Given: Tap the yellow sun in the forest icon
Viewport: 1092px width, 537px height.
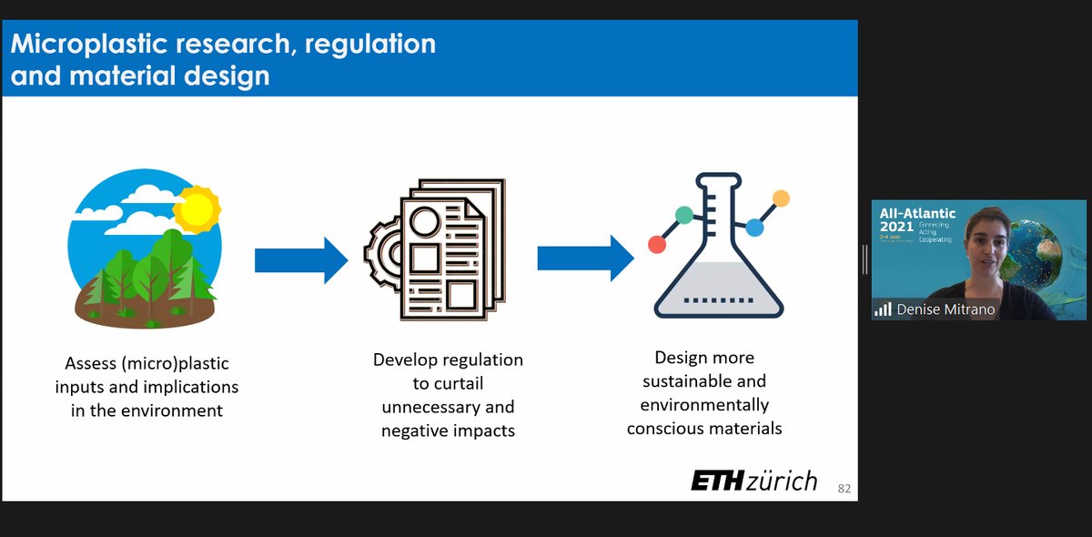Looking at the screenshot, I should point(197,208).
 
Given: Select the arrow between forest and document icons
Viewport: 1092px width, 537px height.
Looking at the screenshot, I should point(300,261).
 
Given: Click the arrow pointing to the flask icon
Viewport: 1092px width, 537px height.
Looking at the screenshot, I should point(585,259).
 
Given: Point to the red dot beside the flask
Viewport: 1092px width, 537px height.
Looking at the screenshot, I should point(657,244).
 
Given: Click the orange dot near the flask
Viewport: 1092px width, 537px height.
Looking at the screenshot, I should point(780,198).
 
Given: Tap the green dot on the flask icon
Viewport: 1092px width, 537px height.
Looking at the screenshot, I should point(684,216).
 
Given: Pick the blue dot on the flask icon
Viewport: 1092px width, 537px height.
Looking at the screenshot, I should point(753,227).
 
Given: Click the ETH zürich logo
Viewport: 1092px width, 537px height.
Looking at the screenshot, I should point(753,481).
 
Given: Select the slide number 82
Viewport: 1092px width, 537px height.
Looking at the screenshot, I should point(844,489).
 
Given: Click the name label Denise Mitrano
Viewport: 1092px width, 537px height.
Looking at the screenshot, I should point(945,309).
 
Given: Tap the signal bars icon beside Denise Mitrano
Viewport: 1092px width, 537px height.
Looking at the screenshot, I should point(883,309).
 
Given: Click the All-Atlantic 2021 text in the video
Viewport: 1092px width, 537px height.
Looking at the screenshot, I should point(916,219).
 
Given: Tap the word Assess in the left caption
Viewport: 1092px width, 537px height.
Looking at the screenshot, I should point(94,363).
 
